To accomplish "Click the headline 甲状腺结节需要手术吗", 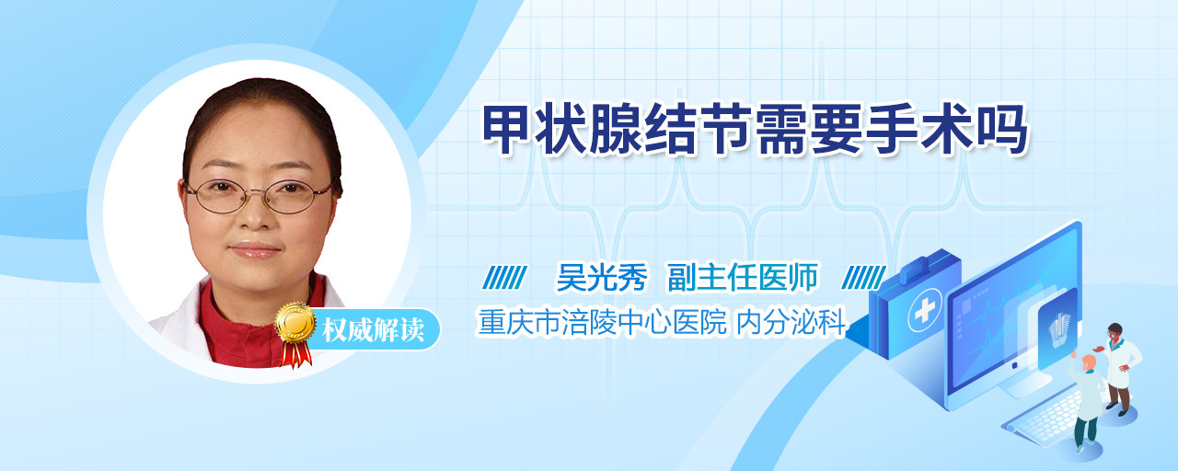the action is [755, 129].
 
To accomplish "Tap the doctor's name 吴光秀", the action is [602, 277].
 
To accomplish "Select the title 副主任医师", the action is [743, 277].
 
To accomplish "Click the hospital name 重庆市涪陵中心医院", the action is [602, 322].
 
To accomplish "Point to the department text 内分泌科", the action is [791, 322].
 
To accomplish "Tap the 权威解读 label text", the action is [373, 330].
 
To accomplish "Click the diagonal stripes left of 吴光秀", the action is [504, 277].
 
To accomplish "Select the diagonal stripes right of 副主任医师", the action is [863, 277].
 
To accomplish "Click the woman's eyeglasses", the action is [259, 196].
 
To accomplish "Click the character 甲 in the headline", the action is [506, 129].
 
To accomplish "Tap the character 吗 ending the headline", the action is [1002, 129].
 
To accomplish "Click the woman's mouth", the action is [255, 249].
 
